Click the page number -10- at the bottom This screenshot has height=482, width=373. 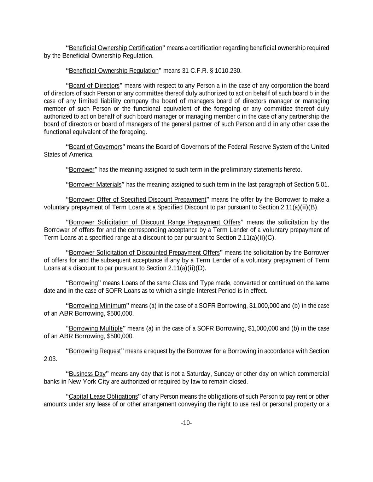tap(186, 423)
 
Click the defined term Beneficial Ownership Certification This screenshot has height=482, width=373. tap(115, 48)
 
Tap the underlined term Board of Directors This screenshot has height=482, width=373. tap(94, 86)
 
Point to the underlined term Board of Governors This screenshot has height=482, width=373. tap(95, 147)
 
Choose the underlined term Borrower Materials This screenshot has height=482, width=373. tap(95, 185)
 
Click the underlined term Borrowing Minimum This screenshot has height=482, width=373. tap(97, 306)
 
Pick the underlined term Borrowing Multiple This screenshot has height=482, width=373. tap(96, 329)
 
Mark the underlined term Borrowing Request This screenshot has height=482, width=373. tap(95, 351)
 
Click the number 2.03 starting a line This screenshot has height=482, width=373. tap(50, 359)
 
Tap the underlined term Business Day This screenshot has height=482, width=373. tap(87, 374)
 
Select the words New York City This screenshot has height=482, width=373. tap(89, 382)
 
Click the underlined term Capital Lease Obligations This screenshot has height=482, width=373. tap(103, 397)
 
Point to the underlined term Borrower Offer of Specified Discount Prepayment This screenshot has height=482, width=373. tap(138, 200)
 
